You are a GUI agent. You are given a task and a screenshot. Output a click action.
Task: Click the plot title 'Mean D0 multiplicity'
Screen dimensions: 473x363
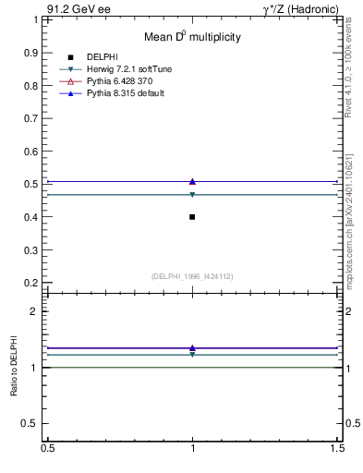(192, 37)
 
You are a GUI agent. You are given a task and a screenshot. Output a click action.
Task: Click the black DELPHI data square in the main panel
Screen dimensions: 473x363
(192, 216)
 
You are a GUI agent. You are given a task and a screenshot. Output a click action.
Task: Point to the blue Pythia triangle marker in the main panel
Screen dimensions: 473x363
(192, 181)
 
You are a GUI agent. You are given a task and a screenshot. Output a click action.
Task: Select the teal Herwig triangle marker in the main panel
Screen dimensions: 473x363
(192, 195)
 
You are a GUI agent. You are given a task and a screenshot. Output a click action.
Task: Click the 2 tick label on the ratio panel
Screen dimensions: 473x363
(37, 311)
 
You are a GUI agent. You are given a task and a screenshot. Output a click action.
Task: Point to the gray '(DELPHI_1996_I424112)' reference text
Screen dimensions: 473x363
(192, 275)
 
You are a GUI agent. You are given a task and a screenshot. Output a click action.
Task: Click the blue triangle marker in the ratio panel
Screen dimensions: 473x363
(192, 347)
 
